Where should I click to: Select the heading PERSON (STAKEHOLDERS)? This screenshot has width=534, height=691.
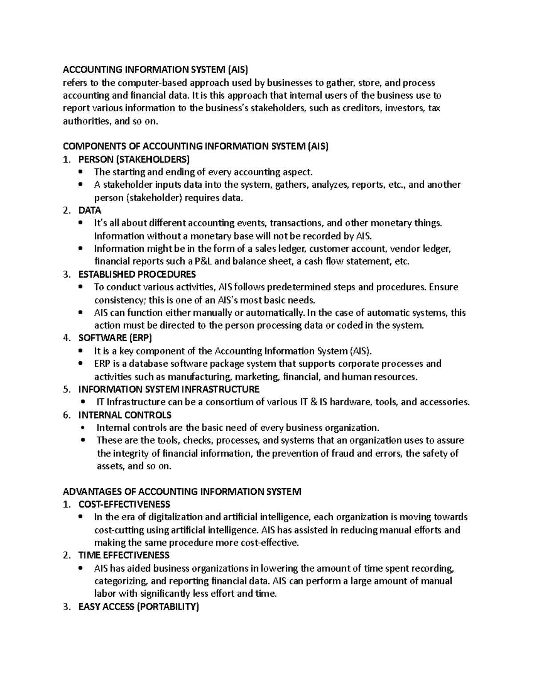pyautogui.click(x=133, y=159)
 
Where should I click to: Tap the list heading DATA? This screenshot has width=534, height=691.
pyautogui.click(x=90, y=210)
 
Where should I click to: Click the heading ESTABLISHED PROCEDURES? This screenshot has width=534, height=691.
pyautogui.click(x=137, y=274)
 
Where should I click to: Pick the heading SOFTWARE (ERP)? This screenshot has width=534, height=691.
pyautogui.click(x=115, y=338)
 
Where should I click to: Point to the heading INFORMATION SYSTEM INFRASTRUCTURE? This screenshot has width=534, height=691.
pyautogui.click(x=169, y=389)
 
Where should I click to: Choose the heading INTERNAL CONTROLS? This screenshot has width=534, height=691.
pyautogui.click(x=125, y=415)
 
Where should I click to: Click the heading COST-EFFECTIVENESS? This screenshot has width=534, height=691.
pyautogui.click(x=124, y=505)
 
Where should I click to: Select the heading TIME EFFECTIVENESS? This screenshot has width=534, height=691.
pyautogui.click(x=124, y=555)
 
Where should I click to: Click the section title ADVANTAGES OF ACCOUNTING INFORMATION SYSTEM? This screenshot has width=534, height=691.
pyautogui.click(x=182, y=492)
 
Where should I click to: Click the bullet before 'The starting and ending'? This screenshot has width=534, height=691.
pyautogui.click(x=81, y=172)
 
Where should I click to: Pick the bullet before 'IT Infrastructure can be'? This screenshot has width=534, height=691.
pyautogui.click(x=83, y=402)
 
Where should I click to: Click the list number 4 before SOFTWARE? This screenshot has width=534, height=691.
pyautogui.click(x=66, y=338)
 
